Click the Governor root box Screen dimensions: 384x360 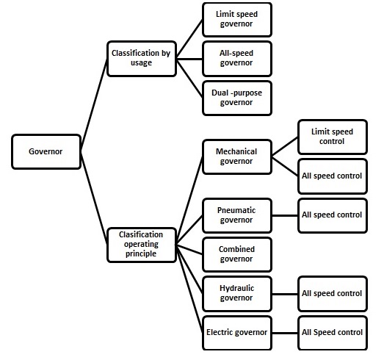46,151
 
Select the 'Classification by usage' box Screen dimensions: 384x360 142,59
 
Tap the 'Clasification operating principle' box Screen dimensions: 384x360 142,245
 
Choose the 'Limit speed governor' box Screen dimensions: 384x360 237,20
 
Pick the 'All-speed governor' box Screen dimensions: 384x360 237,59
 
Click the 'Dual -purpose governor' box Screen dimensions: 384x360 237,98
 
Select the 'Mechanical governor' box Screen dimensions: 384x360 237,156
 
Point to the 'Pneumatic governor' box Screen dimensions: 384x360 237,215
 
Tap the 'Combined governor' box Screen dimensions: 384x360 237,255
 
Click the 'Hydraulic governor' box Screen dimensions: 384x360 237,294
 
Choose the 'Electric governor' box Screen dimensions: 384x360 237,333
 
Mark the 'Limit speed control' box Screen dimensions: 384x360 333,137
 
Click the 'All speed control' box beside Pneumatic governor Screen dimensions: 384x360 333,215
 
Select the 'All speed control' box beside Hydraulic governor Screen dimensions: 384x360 333,294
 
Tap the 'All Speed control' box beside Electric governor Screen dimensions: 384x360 333,333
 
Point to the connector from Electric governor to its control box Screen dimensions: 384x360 285,333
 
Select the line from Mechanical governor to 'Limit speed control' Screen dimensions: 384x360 285,146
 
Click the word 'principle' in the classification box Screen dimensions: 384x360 141,254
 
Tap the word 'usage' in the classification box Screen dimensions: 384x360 141,62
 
